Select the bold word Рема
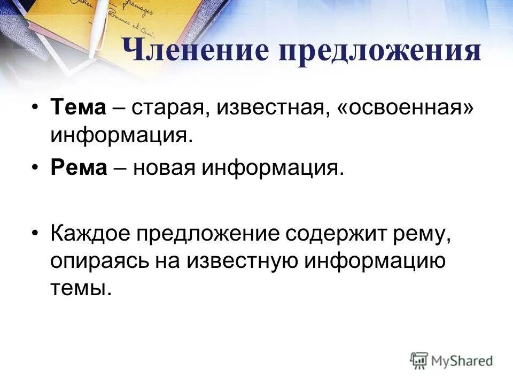click(x=79, y=168)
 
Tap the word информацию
click(x=375, y=261)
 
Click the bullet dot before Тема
click(x=35, y=108)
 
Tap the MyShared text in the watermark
click(x=462, y=361)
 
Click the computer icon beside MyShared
click(x=419, y=360)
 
